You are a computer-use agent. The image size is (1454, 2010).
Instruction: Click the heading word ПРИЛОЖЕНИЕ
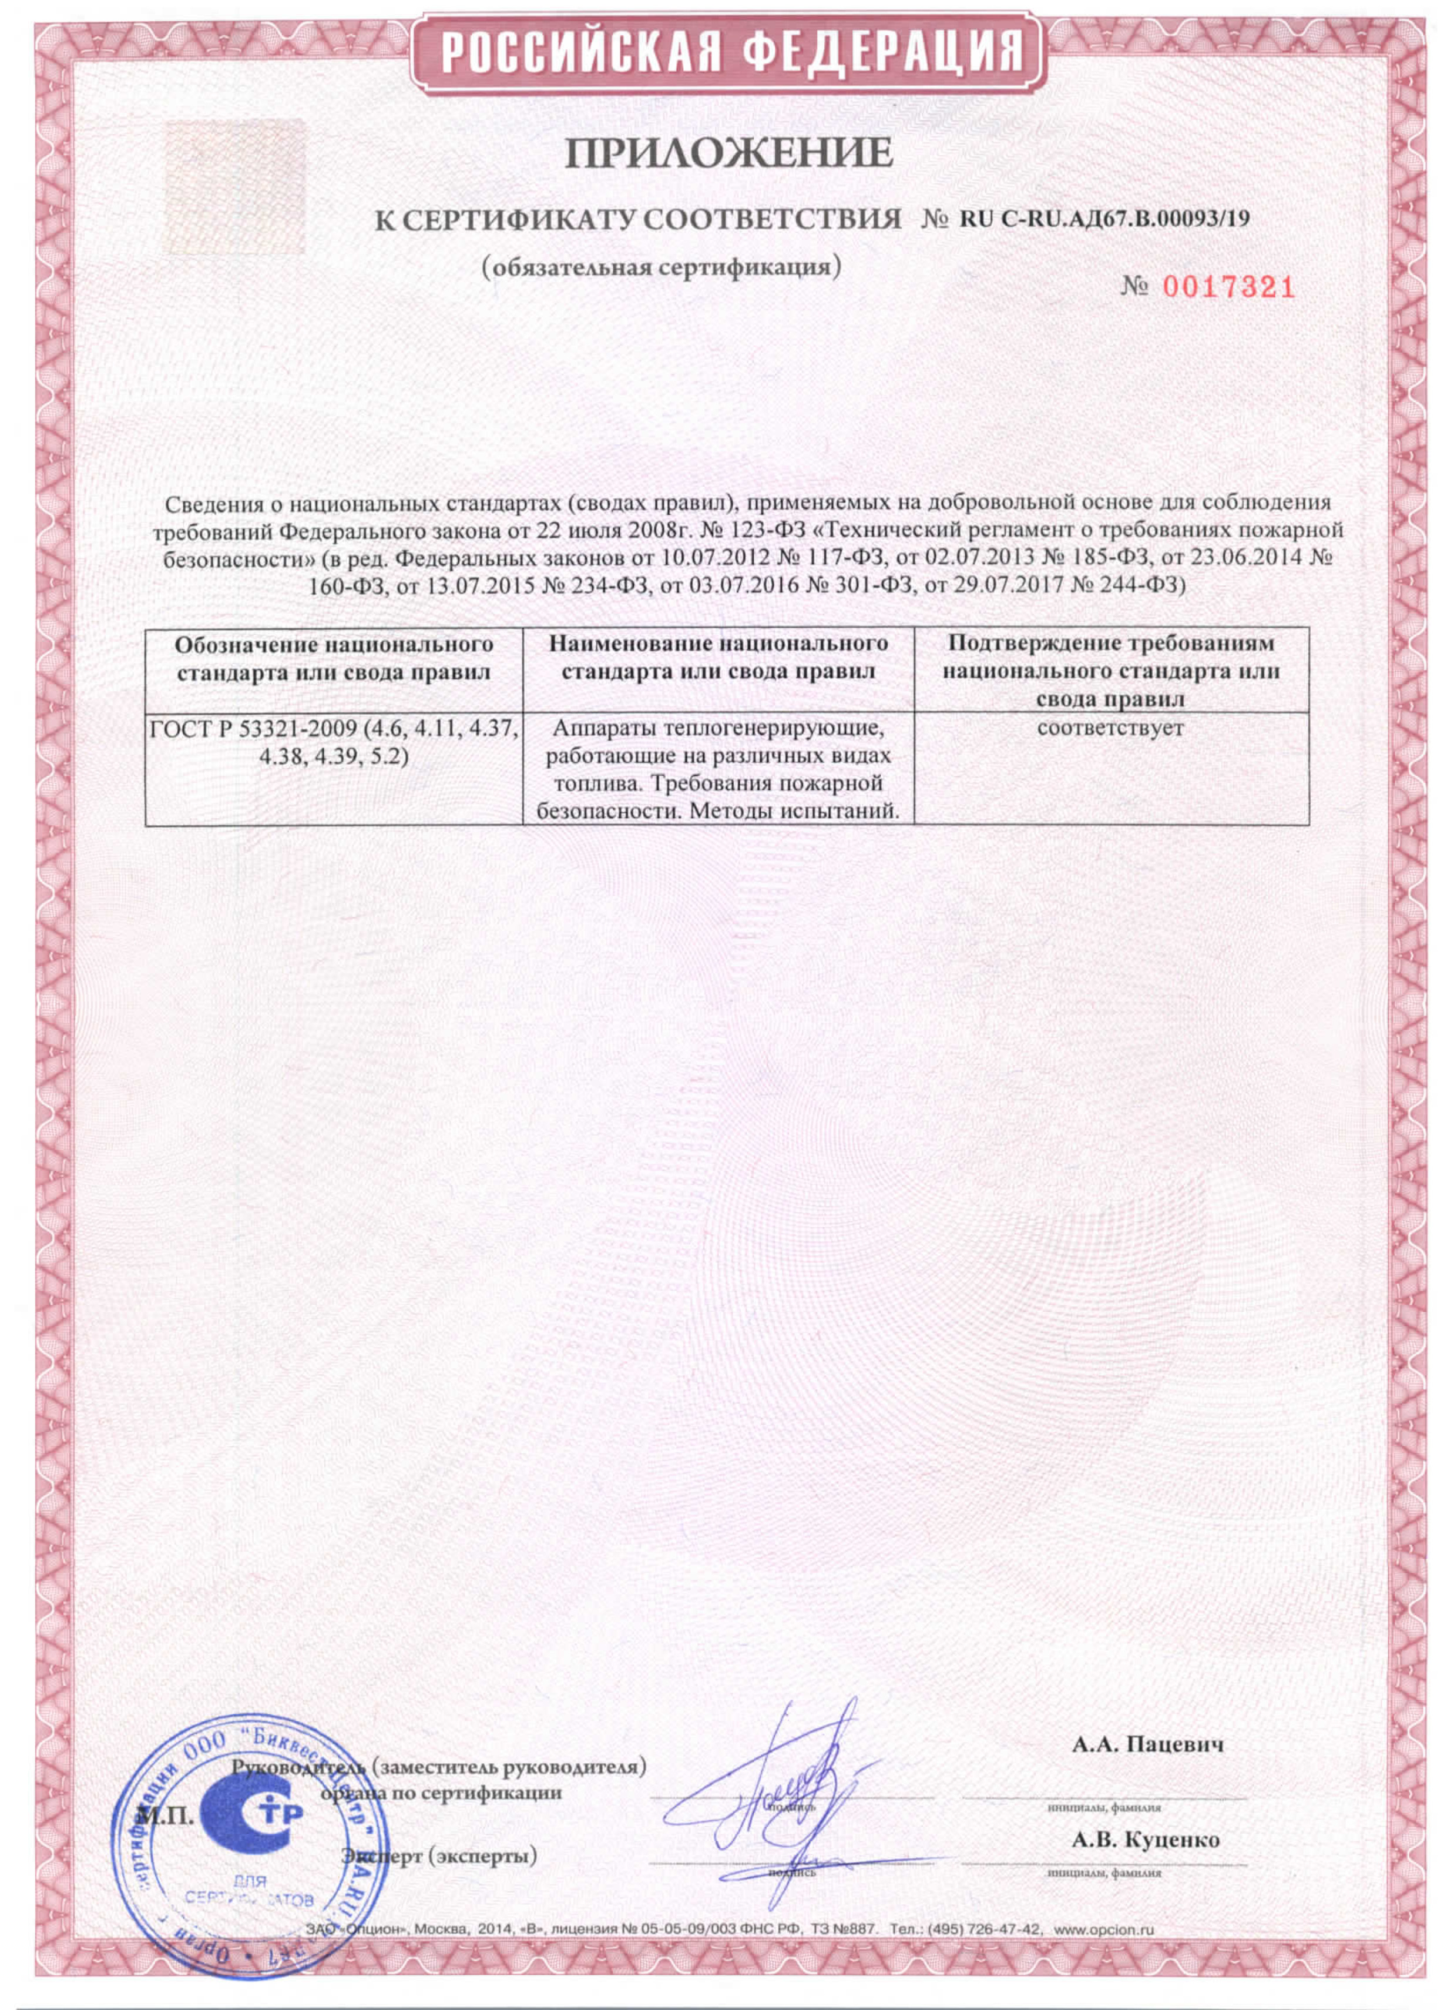pyautogui.click(x=728, y=153)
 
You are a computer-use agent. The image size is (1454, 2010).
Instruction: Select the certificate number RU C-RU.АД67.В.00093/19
pyautogui.click(x=1104, y=219)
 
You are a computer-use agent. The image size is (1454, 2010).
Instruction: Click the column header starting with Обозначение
pyautogui.click(x=334, y=656)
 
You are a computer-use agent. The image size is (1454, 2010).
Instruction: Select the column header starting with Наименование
pyautogui.click(x=718, y=656)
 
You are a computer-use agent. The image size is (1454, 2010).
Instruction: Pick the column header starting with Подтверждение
pyautogui.click(x=1110, y=671)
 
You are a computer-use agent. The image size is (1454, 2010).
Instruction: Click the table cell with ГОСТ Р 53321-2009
pyautogui.click(x=334, y=745)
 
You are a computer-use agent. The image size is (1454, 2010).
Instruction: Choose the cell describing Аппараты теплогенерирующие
pyautogui.click(x=718, y=769)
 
